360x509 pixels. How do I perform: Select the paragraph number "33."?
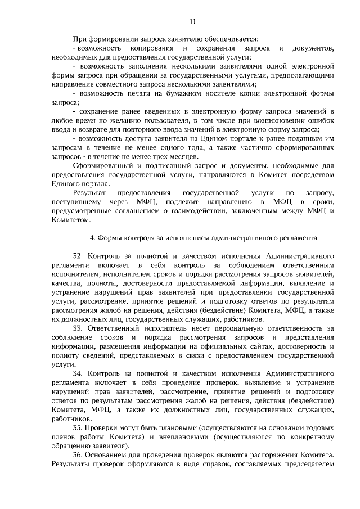tap(79, 328)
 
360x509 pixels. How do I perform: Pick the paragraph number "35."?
tap(79, 427)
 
